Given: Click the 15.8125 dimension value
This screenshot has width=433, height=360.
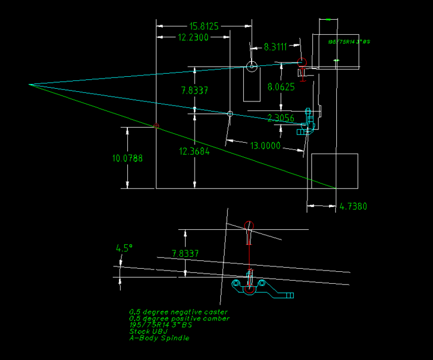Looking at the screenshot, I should (204, 26).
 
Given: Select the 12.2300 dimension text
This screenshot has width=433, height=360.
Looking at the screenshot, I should (193, 37).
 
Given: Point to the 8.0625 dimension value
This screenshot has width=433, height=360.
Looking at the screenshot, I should (280, 87).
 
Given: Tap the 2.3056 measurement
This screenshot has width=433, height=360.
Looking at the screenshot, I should (280, 118).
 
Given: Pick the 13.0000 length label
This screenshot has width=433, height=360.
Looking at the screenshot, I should (264, 146).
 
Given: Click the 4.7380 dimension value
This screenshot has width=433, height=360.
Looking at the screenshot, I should (353, 207).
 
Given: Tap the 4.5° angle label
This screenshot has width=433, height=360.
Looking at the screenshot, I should (123, 248).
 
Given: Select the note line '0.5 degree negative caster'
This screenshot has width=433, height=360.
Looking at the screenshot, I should (178, 312).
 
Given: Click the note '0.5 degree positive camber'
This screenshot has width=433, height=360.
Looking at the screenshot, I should (179, 319).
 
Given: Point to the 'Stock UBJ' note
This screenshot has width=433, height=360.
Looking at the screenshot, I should (147, 331).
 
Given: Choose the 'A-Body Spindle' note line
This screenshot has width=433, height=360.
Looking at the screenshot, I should (159, 338).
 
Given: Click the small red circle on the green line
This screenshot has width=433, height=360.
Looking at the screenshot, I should (156, 126).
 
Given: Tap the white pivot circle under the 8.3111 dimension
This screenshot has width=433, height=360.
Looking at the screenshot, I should (251, 67).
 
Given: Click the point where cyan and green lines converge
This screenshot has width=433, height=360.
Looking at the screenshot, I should (29, 85).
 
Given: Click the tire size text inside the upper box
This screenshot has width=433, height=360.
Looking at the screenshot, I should (348, 42).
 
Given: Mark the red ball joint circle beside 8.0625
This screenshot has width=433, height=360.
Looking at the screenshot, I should (303, 62).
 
